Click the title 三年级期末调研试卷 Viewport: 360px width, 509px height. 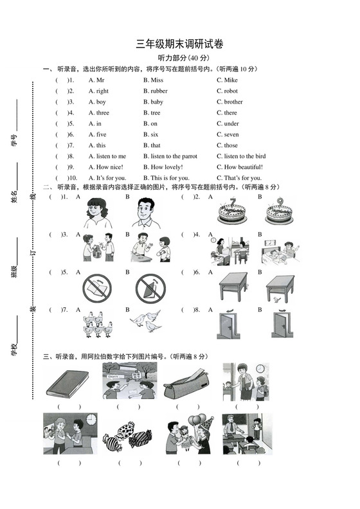[179, 44]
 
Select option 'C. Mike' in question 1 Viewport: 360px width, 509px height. [227, 80]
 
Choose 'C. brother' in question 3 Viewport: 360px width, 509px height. [230, 102]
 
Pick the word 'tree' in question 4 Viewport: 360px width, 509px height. [155, 113]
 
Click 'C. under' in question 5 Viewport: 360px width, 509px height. [228, 124]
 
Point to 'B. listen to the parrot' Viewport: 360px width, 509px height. [170, 156]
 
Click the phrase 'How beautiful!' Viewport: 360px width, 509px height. [239, 167]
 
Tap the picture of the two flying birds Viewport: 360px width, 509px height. [147, 321]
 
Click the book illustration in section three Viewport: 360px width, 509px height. [68, 382]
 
